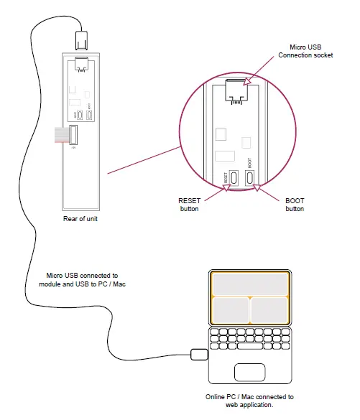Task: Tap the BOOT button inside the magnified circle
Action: click(250, 177)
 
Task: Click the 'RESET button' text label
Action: click(188, 205)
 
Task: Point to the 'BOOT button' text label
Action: click(294, 205)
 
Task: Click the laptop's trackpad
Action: click(249, 372)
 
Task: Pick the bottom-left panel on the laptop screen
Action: click(230, 309)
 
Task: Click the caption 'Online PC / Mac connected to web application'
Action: click(249, 401)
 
